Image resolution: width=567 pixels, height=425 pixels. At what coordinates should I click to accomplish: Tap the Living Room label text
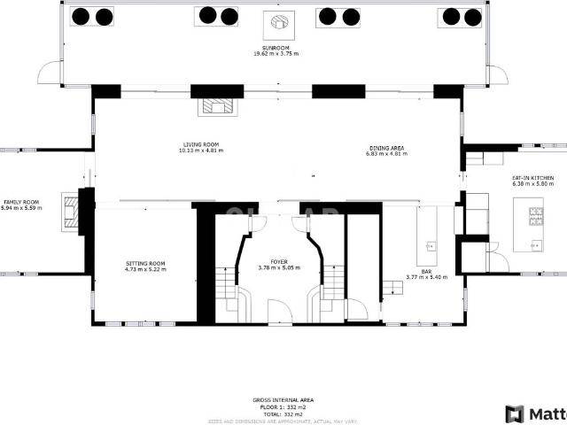201,144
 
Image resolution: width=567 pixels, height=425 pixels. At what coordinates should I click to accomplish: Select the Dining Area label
386,147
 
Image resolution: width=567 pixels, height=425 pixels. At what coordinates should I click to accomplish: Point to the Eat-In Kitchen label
532,178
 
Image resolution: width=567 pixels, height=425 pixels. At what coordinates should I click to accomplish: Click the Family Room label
20,201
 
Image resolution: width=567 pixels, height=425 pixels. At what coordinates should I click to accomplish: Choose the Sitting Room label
144,263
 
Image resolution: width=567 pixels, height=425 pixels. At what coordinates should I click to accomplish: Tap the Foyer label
279,261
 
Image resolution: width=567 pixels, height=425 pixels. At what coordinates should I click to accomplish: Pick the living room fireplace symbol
218,106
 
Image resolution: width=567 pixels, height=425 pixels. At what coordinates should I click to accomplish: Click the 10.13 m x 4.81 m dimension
201,151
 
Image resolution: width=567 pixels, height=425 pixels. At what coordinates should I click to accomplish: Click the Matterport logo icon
515,413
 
